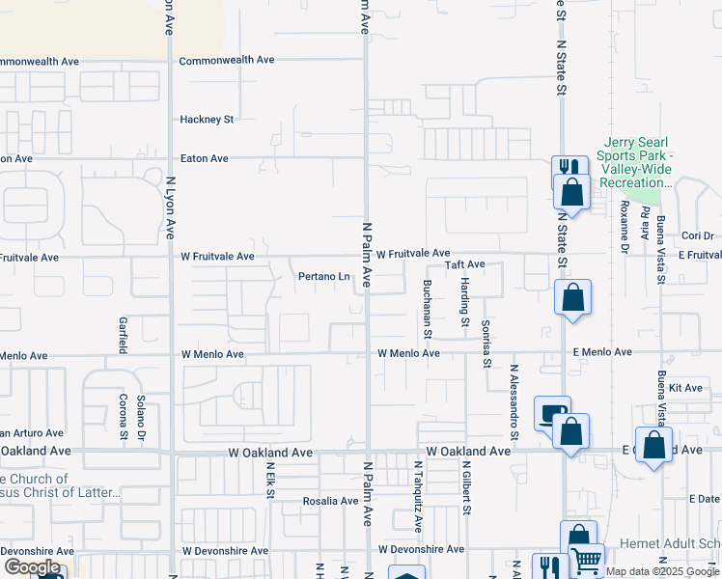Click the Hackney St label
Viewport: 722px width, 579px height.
click(x=208, y=120)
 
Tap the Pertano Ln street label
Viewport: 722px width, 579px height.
click(x=323, y=277)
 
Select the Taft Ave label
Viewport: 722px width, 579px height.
click(x=464, y=264)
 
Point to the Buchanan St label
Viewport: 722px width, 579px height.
click(x=427, y=308)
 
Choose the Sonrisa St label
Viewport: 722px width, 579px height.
click(x=486, y=344)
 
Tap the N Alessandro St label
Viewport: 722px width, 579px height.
click(x=514, y=402)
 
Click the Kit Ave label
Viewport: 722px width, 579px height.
click(x=692, y=387)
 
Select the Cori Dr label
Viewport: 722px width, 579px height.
click(x=697, y=235)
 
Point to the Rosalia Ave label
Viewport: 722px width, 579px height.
click(x=331, y=501)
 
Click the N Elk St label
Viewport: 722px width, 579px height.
click(x=270, y=480)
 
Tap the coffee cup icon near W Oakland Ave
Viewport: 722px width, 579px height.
click(x=551, y=413)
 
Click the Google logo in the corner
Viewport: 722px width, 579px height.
click(x=32, y=567)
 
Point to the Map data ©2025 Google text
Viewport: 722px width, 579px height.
click(x=662, y=571)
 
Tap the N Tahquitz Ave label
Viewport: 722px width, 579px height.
click(x=418, y=497)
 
